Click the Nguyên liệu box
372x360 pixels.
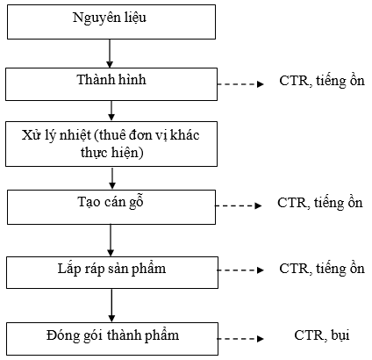(x=111, y=22)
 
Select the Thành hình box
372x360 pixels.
(x=111, y=84)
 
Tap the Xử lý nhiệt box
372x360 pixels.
(x=111, y=144)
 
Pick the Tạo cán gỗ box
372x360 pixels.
(x=111, y=207)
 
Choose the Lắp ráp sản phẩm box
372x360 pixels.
(x=112, y=272)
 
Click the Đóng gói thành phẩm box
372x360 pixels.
(x=112, y=339)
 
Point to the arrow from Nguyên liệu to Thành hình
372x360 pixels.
(x=110, y=54)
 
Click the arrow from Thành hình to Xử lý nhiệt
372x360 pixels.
(x=111, y=111)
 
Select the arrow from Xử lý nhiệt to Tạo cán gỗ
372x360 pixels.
(x=112, y=178)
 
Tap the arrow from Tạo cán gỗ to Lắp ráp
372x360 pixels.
(x=111, y=241)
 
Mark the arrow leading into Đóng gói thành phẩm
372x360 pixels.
(x=111, y=306)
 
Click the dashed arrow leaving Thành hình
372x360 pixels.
(x=240, y=84)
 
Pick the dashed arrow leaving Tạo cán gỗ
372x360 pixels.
(x=239, y=205)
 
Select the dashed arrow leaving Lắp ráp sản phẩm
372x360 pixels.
(x=240, y=270)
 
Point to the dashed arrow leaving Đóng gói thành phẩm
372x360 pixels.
(x=240, y=339)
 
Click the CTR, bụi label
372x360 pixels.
(x=322, y=335)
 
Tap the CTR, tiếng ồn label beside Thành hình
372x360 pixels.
(x=322, y=81)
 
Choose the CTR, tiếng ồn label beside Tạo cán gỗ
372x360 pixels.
(x=320, y=203)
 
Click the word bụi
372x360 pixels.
(x=340, y=335)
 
